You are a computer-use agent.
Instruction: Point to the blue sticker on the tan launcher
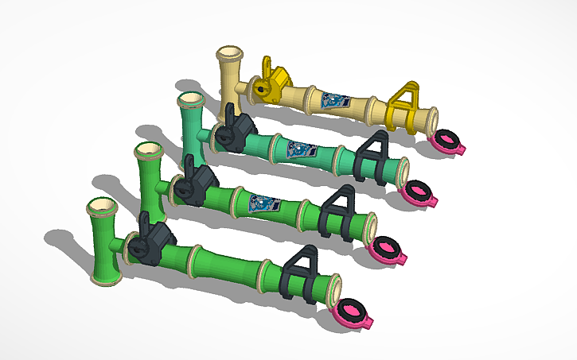pos(335,101)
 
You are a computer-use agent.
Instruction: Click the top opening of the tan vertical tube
pos(231,56)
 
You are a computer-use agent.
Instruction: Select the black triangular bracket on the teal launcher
pos(371,153)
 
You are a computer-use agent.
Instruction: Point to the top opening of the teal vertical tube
pos(190,101)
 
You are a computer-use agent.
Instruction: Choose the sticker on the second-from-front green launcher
pos(263,203)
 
